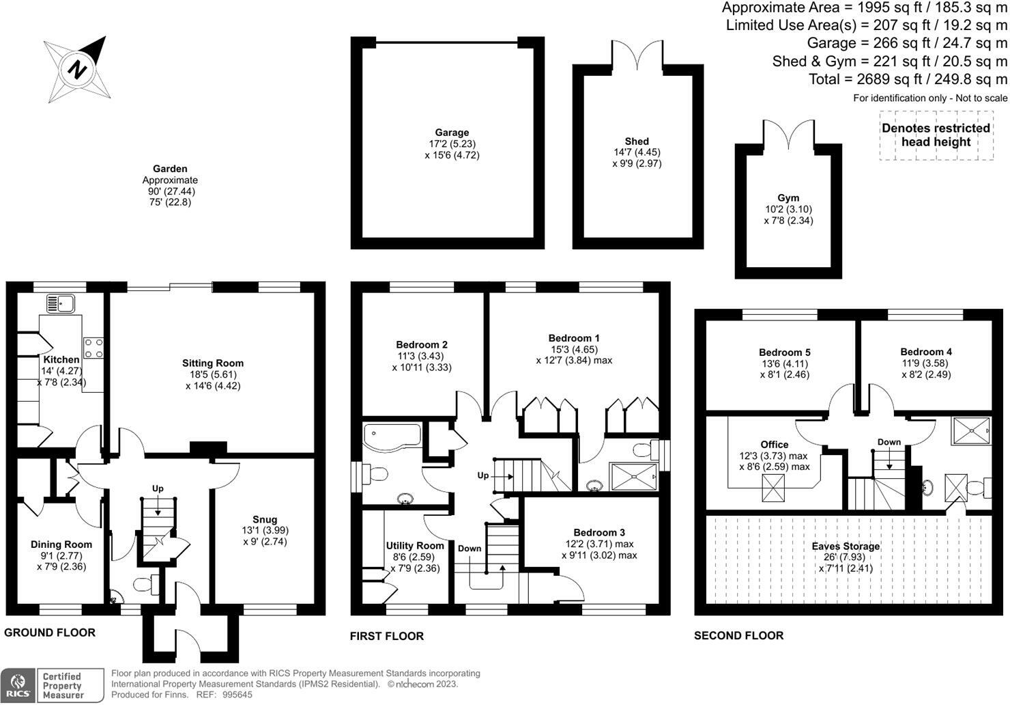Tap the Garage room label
tap(452, 133)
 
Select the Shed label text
tap(637, 141)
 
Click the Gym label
tap(788, 198)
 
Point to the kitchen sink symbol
tap(61, 303)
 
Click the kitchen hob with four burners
tap(93, 348)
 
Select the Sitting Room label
tap(212, 363)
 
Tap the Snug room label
tap(265, 520)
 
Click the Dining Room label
tap(61, 544)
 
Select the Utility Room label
tap(415, 545)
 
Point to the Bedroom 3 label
tap(599, 533)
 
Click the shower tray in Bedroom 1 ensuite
tap(633, 476)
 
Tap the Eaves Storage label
tap(846, 547)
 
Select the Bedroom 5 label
tap(785, 352)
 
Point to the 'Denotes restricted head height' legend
tap(936, 135)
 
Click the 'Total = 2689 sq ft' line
tap(908, 79)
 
